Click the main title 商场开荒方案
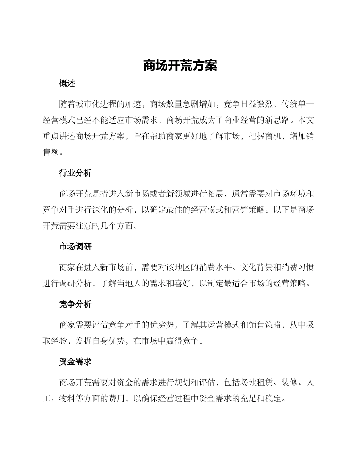pos(180,66)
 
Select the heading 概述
pos(67,84)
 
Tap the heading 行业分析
pos(75,173)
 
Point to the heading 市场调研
pos(75,247)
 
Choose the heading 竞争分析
pos(75,304)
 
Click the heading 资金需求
pos(75,362)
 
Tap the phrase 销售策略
pos(264,325)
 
